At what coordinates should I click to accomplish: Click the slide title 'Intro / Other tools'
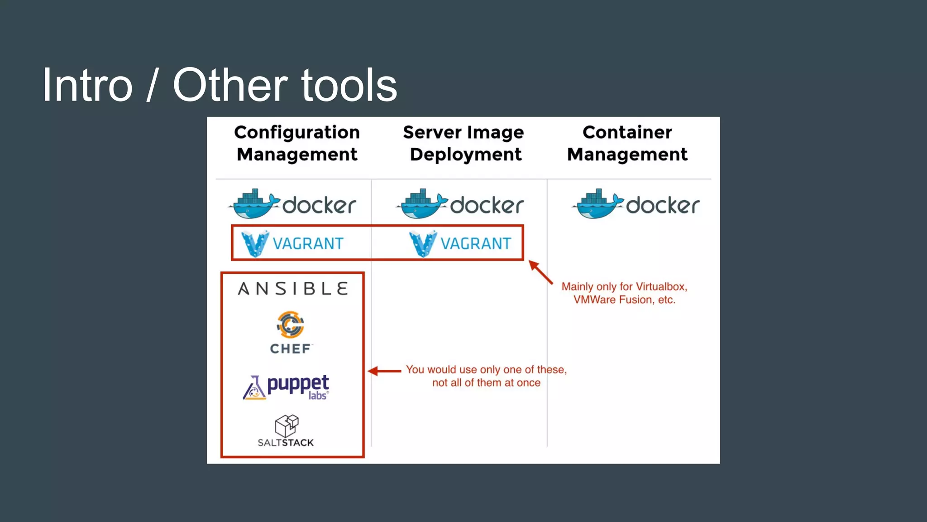[x=220, y=85]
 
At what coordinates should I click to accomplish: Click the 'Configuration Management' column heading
[x=297, y=143]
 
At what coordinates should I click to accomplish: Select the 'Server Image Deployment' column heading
[x=463, y=143]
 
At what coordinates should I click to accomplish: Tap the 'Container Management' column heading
[x=627, y=143]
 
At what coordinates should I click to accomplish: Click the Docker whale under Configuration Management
[x=254, y=204]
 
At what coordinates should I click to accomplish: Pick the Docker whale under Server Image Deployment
[x=422, y=204]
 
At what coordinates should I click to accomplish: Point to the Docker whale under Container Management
[x=598, y=204]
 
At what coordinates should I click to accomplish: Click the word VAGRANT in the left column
[x=308, y=244]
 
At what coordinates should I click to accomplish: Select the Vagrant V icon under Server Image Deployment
[x=423, y=243]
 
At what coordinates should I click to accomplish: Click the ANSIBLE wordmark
[x=293, y=289]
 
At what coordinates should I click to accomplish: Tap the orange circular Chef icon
[x=290, y=324]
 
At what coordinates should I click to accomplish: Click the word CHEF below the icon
[x=291, y=349]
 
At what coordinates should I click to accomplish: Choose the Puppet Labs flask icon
[x=254, y=388]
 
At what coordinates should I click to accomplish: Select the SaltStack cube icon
[x=287, y=425]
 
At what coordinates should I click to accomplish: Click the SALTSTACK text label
[x=286, y=443]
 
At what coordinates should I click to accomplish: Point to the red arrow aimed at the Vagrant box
[x=541, y=272]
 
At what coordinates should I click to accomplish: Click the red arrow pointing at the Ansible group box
[x=384, y=371]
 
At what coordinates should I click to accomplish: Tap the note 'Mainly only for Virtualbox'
[x=624, y=293]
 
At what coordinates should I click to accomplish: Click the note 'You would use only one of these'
[x=486, y=376]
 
